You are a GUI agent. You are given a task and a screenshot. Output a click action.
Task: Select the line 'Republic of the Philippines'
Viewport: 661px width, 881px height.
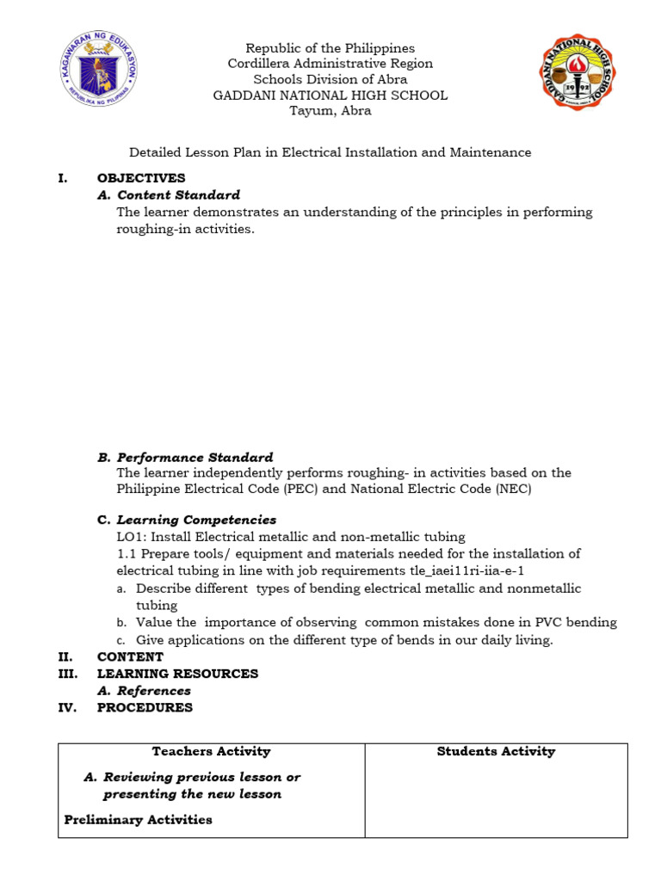pyautogui.click(x=330, y=48)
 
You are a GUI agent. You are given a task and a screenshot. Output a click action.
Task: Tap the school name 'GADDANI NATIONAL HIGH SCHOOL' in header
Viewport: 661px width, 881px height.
pyautogui.click(x=330, y=95)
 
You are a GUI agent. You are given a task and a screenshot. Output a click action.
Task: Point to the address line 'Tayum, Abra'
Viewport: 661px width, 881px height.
pyautogui.click(x=330, y=111)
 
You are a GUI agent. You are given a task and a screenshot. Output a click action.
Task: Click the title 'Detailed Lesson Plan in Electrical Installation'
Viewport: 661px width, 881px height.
pyautogui.click(x=330, y=152)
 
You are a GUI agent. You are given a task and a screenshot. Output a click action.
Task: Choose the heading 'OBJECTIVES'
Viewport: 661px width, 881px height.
pyautogui.click(x=141, y=178)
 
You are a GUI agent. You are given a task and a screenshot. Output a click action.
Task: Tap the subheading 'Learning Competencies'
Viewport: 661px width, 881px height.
pyautogui.click(x=196, y=520)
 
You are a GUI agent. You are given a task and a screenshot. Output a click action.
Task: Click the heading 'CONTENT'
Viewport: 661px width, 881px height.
pyautogui.click(x=130, y=656)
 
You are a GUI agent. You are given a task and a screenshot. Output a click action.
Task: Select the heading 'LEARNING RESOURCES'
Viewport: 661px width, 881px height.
pyautogui.click(x=177, y=674)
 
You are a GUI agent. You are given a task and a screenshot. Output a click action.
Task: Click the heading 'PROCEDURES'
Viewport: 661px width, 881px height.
pyautogui.click(x=145, y=708)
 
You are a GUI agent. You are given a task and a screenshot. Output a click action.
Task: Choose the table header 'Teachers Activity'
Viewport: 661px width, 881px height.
pyautogui.click(x=211, y=751)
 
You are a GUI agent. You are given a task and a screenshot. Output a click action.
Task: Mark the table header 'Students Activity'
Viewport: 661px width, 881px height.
pyautogui.click(x=496, y=751)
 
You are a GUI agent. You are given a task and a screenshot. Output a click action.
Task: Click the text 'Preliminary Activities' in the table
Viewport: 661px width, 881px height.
pyautogui.click(x=138, y=819)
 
